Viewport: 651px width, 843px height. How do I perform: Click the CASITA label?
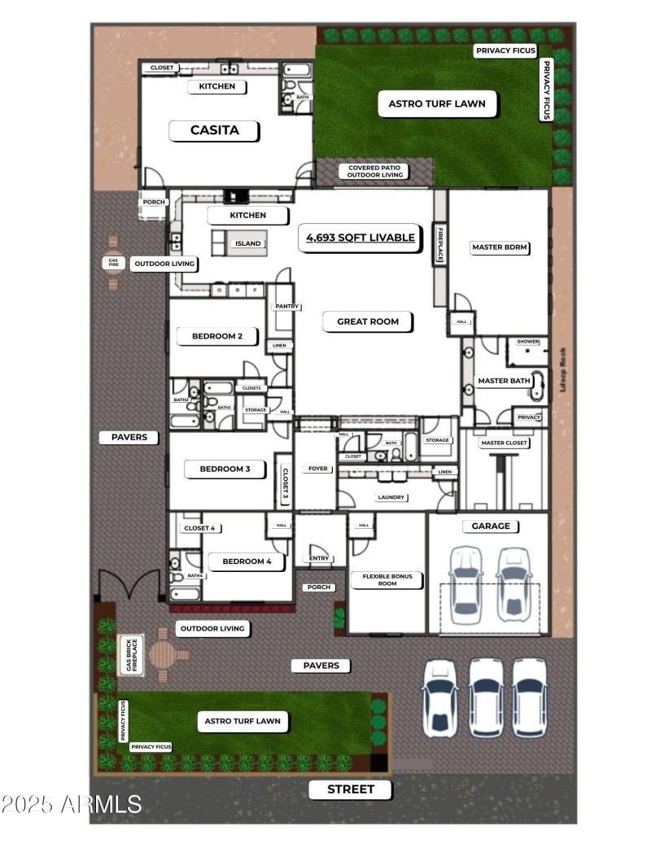pos(215,130)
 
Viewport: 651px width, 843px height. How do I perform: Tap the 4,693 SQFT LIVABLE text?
pos(360,238)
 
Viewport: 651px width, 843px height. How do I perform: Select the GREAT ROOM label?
pos(368,321)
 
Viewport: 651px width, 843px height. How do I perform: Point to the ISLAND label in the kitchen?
pos(248,243)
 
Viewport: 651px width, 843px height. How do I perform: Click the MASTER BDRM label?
pos(500,247)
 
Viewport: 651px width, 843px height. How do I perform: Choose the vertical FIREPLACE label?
pos(439,244)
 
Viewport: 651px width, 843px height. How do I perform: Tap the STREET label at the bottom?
pos(351,789)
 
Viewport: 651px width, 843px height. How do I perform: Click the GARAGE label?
pos(491,526)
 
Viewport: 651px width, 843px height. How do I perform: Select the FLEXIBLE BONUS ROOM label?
pos(387,580)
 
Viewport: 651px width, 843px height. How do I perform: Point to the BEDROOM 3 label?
pos(220,469)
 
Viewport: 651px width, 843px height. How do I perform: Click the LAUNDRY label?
pos(391,497)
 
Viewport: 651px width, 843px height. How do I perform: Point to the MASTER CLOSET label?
pos(505,443)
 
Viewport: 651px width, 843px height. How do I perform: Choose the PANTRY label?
pos(288,307)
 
